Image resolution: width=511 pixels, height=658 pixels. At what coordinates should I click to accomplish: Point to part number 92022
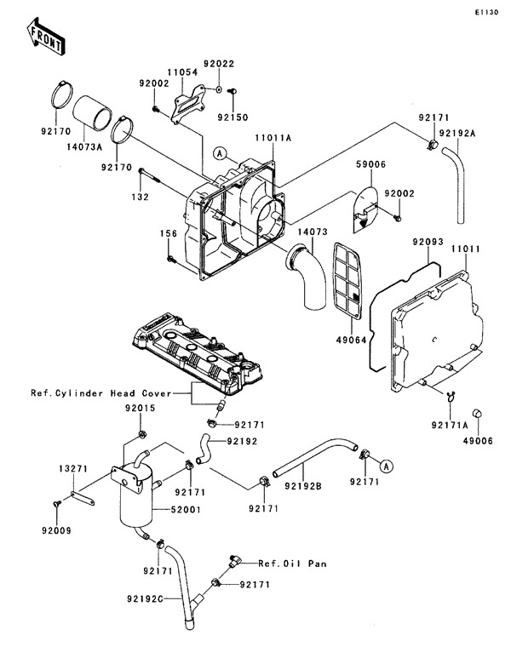click(x=217, y=63)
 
